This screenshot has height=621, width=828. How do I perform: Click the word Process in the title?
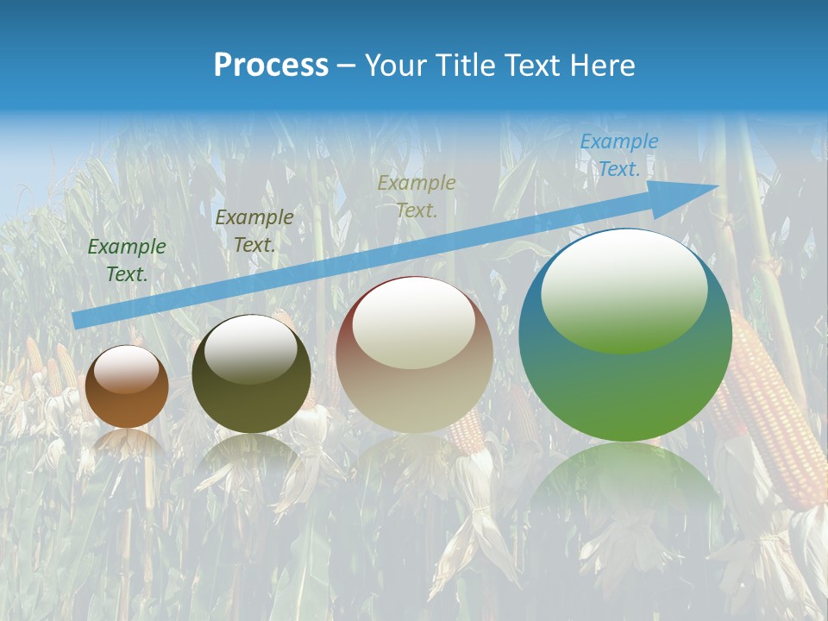[x=271, y=65]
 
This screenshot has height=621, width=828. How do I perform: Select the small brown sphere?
[x=126, y=386]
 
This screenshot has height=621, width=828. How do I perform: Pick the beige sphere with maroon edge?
[x=414, y=354]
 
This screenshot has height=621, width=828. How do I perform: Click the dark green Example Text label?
[x=127, y=260]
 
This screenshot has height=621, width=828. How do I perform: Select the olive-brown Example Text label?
[x=254, y=230]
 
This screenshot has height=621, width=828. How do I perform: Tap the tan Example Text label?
[x=417, y=196]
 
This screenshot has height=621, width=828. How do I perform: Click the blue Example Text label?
[x=618, y=155]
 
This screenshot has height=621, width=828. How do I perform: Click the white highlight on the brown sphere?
[x=126, y=370]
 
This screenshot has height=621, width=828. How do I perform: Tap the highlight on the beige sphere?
[x=413, y=323]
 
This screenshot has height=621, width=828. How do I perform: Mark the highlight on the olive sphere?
[x=250, y=347]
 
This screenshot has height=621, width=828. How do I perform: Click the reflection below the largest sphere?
[x=625, y=492]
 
